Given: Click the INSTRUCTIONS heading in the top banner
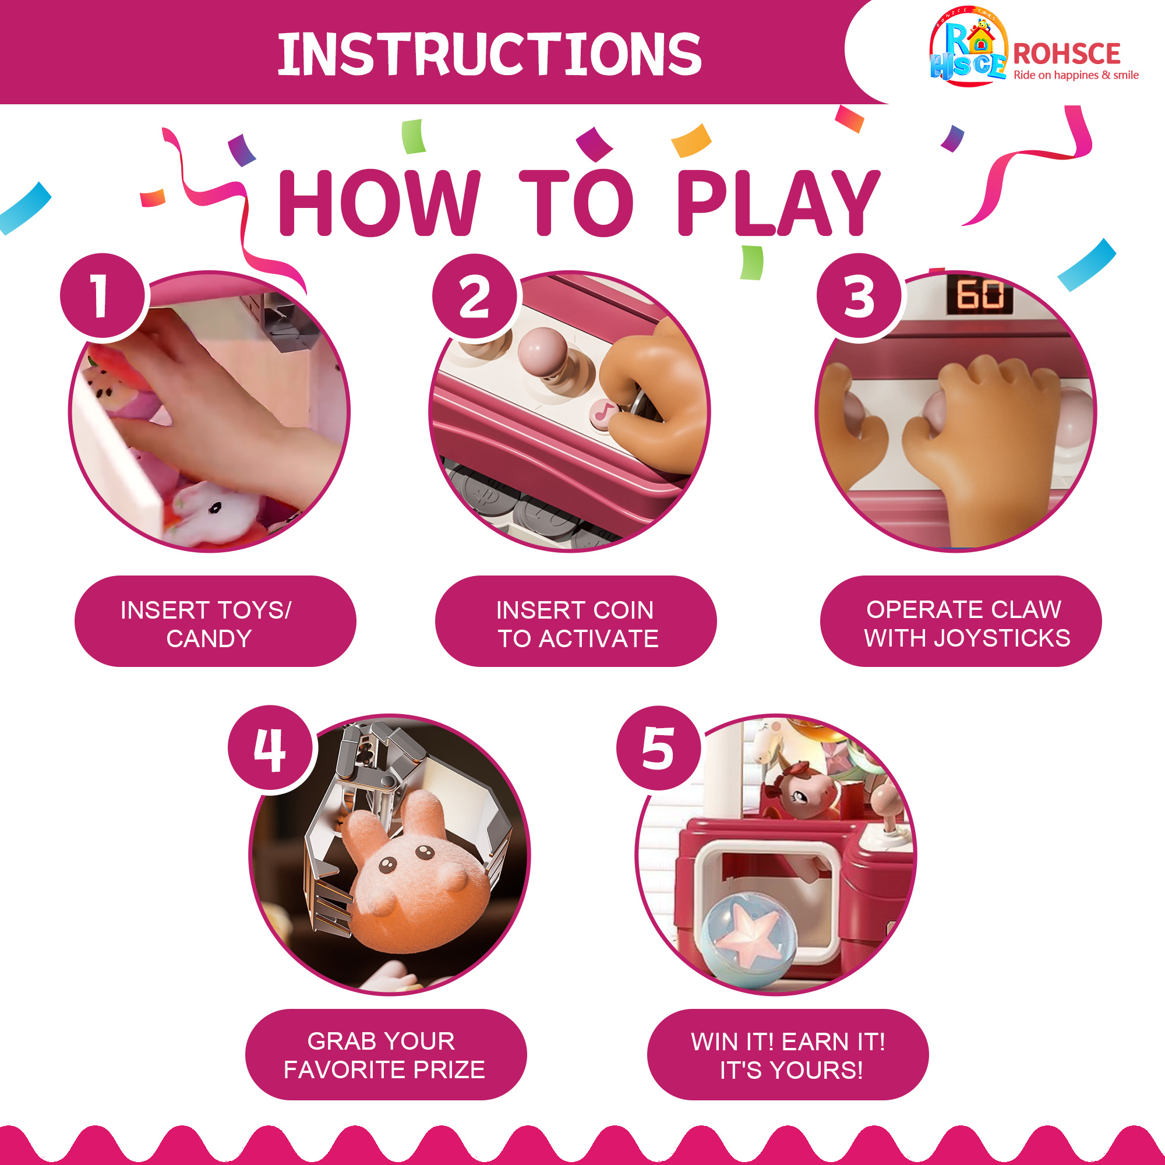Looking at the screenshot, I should tap(489, 54).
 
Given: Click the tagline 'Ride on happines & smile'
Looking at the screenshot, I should tap(1076, 75).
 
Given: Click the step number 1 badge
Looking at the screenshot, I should tap(103, 295).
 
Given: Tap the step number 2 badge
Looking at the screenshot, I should tap(475, 296).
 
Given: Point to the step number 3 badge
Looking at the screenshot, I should tap(859, 296).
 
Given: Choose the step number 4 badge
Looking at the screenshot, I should tap(270, 749).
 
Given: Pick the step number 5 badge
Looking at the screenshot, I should tap(658, 749).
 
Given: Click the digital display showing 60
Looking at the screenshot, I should tap(980, 295).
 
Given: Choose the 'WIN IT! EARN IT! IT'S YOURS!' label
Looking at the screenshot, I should tap(788, 1055).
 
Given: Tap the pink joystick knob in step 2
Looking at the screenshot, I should tap(543, 348).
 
